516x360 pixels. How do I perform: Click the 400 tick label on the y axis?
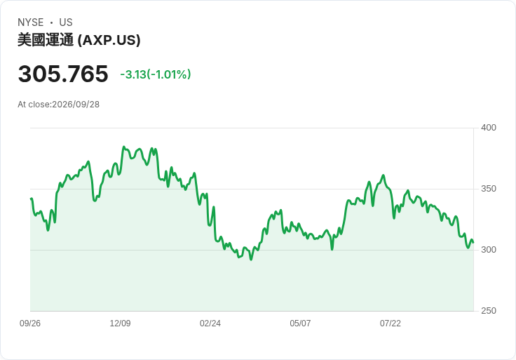pos(489,128)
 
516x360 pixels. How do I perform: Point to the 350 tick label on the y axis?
pos(489,189)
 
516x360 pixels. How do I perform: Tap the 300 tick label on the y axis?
pos(489,250)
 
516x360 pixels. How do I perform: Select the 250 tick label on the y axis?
pos(489,311)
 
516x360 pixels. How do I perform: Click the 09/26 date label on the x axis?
pos(30,324)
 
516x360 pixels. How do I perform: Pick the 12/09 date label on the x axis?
pos(120,324)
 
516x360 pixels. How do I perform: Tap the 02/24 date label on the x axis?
pos(210,324)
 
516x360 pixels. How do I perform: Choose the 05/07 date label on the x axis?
pos(300,324)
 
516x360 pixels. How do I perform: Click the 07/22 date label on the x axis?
pos(391,324)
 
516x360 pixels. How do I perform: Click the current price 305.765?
pos(63,74)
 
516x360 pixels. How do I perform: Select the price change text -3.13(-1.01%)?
pos(156,74)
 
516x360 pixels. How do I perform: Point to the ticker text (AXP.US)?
pos(109,40)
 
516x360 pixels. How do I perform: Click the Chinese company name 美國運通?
pos(46,40)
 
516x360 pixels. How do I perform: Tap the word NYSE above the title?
pos(31,22)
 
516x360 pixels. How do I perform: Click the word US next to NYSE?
pos(66,22)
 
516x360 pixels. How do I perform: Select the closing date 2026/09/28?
pos(76,105)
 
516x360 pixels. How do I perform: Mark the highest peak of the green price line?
pos(123,147)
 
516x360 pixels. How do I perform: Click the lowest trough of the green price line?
pos(251,260)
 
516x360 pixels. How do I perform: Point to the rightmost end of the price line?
pos(473,243)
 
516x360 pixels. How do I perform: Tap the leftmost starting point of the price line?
pos(31,199)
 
